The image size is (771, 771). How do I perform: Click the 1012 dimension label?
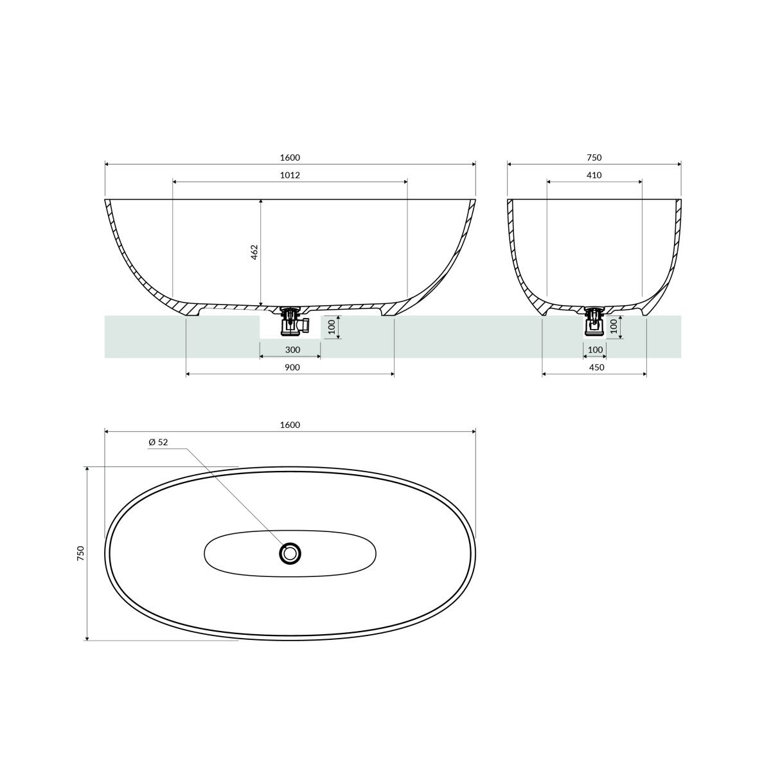point(290,175)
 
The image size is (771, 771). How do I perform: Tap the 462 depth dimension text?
point(254,252)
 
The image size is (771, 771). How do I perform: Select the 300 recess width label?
point(292,350)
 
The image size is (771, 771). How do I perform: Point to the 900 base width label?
point(292,368)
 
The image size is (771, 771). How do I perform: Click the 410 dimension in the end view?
point(594,175)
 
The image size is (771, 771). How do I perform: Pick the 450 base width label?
point(596,368)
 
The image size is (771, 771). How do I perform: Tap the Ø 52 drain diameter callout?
point(158,442)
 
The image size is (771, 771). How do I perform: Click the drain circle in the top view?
point(290,553)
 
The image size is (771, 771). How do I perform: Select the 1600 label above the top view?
point(290,425)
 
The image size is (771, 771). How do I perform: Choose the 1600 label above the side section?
point(290,157)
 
